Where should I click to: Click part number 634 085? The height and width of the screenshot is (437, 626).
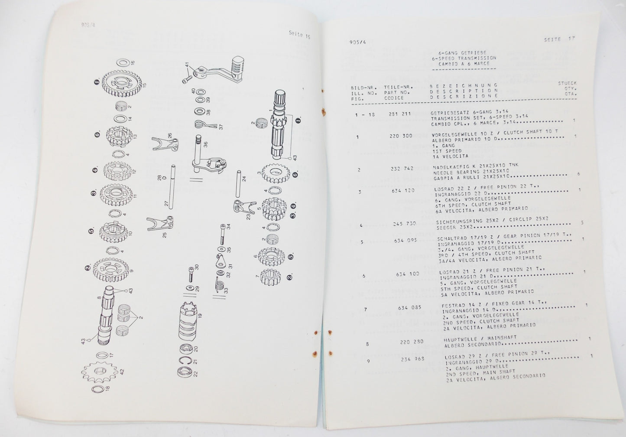click(x=409, y=307)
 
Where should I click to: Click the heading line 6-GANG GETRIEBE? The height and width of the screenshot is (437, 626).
click(x=464, y=52)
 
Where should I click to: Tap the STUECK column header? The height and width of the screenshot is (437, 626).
click(x=568, y=82)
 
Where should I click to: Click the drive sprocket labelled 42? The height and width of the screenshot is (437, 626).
click(x=97, y=371)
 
